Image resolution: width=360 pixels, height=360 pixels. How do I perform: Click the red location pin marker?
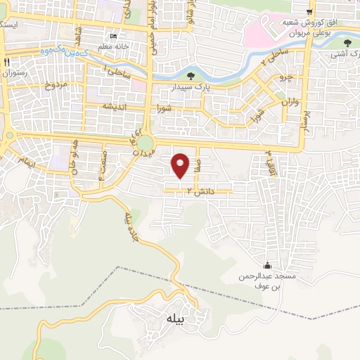[x=181, y=165]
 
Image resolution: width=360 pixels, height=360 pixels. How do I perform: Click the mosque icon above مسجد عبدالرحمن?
[x=266, y=265]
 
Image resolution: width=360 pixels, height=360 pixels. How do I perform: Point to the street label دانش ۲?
[x=199, y=191]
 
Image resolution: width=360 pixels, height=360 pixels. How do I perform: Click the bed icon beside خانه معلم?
[x=113, y=37]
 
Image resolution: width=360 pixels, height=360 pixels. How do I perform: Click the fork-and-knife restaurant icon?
[x=8, y=63]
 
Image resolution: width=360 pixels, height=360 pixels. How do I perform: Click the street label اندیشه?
[x=115, y=106]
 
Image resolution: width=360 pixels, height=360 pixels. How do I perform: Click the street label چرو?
[x=285, y=76]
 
